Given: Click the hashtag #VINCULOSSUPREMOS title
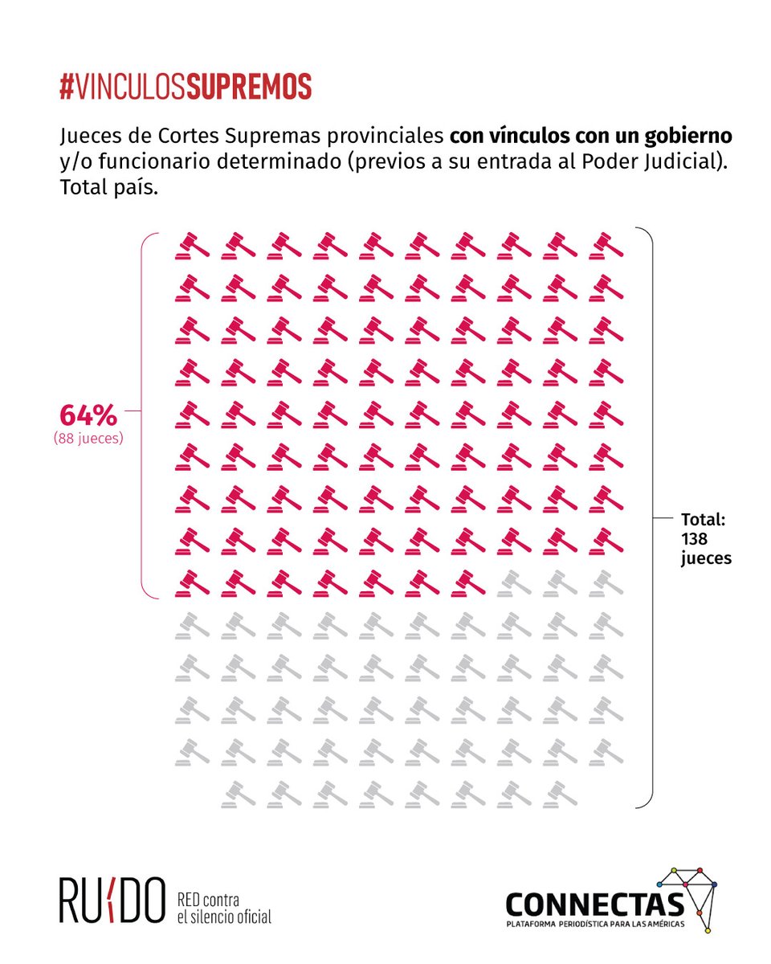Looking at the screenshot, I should pos(185,88).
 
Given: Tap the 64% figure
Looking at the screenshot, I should pos(88,416).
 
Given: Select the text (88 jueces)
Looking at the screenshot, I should pos(88,439).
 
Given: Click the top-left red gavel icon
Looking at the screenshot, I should pos(192,245).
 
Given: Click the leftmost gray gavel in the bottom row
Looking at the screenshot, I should pos(239,793).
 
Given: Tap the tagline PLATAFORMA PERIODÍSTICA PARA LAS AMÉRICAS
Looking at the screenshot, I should pos(594,926).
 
